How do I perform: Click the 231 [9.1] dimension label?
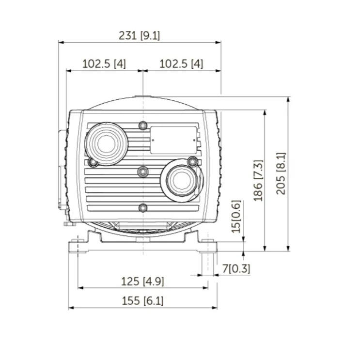pos(139,35)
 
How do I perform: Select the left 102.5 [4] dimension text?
pos(104,63)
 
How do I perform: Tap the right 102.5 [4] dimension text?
pos(181,63)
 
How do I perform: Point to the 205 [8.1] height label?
pos(281,173)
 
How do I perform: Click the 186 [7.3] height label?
pos(258,180)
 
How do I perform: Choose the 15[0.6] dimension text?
pos(236,217)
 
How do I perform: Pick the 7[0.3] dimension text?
pos(236,268)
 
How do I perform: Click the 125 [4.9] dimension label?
pos(142,281)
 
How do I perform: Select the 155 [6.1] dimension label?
pos(142,301)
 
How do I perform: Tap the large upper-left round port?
pos(106,144)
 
